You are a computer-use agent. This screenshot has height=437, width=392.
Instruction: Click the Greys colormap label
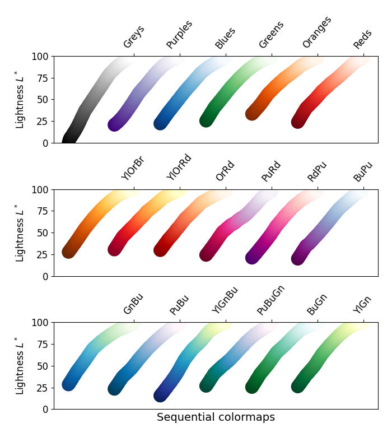(133, 37)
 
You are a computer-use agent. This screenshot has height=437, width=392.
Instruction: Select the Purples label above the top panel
(179, 35)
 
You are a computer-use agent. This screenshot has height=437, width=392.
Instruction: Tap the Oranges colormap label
(317, 32)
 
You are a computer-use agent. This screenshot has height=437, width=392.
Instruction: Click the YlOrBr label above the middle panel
(133, 168)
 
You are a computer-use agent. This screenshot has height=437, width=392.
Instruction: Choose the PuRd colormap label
(271, 171)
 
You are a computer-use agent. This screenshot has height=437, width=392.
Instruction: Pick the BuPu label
(363, 171)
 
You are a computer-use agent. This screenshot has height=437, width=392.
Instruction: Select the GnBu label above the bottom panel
(133, 304)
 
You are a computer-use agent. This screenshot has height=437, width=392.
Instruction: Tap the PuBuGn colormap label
(271, 300)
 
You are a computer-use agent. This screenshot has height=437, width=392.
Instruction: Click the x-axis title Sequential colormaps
(216, 417)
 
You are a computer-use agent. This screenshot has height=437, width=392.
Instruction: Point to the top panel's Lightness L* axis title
(20, 99)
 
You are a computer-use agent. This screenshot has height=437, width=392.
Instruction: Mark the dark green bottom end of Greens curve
(207, 120)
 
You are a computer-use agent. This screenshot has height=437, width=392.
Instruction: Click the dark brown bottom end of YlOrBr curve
(69, 252)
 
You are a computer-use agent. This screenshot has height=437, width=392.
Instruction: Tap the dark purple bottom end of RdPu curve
(253, 257)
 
